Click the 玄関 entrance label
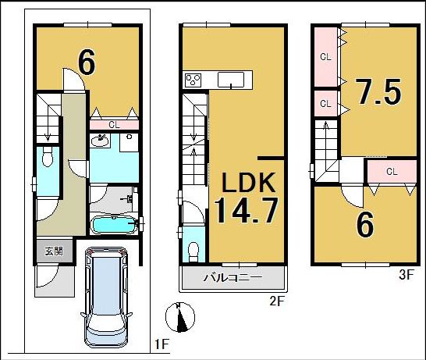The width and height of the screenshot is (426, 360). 55,251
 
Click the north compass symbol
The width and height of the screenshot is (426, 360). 180,317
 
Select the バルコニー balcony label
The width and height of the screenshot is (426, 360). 233,277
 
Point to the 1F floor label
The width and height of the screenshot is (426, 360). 162,344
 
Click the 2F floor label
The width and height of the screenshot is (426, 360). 277,301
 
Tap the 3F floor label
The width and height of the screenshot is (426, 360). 406,275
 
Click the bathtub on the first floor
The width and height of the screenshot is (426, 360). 115,226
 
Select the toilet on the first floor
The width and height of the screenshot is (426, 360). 48,157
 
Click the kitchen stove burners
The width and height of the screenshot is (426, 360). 193,80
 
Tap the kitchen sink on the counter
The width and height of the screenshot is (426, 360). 231,80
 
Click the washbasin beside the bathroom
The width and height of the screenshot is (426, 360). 100,141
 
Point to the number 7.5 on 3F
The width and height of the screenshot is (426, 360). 379,91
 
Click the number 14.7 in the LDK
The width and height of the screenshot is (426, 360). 246,210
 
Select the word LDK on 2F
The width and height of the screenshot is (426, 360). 249,182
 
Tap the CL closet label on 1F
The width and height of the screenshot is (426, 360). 114,125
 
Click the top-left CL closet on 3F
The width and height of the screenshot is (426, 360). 326,57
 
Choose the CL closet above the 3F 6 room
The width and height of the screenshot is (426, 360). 392,171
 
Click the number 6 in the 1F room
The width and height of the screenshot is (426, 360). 87,62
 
